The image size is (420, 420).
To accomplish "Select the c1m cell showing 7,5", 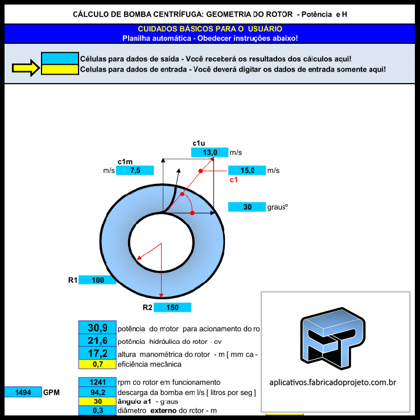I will tap(135, 170).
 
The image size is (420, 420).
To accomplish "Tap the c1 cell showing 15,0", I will tap(247, 170).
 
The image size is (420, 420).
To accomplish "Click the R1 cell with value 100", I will tap(97, 279).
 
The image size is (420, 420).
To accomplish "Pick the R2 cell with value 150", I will tap(172, 307).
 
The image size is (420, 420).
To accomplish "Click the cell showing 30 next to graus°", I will tap(247, 207).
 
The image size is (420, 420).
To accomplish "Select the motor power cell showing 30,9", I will tap(97, 328).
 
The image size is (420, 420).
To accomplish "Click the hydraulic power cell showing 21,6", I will tap(97, 341).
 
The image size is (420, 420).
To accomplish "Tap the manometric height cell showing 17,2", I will tap(97, 353).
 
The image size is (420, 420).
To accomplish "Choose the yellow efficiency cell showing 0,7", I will tap(97, 364).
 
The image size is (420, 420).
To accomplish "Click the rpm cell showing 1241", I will tap(97, 382).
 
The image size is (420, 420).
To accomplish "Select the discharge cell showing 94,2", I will tap(97, 392).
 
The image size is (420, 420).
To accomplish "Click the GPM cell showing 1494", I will tap(23, 392).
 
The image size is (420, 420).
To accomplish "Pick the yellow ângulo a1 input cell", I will tap(97, 401).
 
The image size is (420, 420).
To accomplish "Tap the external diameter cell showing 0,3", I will tap(97, 411).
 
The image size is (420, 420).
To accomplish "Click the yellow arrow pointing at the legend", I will tap(25, 69).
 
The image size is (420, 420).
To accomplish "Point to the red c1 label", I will tap(233, 180).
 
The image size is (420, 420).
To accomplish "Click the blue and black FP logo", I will tap(336, 341).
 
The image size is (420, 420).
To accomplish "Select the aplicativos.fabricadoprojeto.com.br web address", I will tap(336, 382).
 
